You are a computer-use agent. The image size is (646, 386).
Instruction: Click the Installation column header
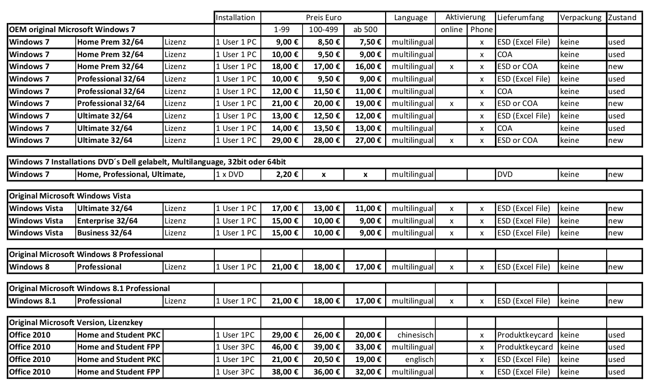click(235, 18)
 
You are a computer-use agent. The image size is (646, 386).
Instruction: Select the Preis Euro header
click(323, 18)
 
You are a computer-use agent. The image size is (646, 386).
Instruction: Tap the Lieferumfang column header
click(520, 18)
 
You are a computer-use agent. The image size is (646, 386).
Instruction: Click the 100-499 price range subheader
click(323, 30)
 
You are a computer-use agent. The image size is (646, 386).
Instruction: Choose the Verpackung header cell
click(580, 18)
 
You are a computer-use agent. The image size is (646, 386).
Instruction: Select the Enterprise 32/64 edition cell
click(107, 221)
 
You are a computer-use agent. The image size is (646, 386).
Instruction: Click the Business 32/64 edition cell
click(105, 233)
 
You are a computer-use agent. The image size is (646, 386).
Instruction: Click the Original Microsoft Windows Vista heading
click(70, 196)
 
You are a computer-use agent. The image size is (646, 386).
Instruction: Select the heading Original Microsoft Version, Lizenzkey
click(76, 323)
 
